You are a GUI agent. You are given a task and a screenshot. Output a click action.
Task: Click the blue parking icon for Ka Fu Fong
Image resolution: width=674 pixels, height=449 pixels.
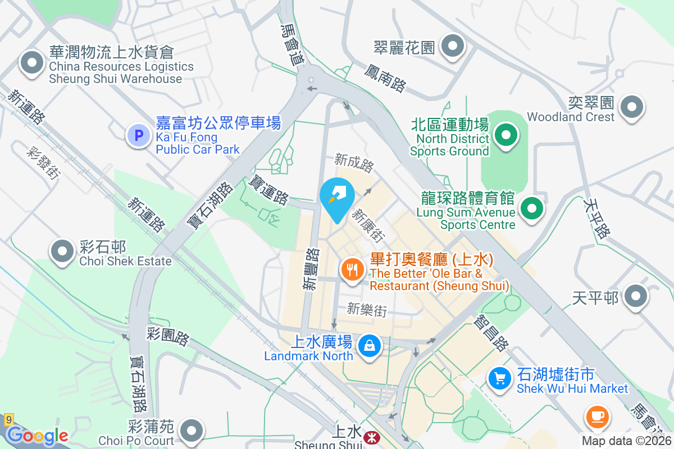[138, 135]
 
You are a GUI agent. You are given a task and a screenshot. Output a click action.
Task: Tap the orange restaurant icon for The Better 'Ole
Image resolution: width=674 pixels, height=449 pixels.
[352, 270]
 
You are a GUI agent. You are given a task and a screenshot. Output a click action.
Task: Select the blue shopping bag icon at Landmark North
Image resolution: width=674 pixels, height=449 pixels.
[370, 345]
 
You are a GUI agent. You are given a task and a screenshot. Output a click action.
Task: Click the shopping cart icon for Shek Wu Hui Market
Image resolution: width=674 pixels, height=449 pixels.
[499, 378]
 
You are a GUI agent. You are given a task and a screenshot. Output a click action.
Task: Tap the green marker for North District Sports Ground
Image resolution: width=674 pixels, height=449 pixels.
[506, 135]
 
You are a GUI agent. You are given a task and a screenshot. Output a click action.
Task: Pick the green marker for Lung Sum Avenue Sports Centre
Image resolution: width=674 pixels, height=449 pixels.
[531, 208]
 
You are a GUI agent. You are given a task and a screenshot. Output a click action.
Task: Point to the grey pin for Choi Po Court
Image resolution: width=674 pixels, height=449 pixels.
[192, 430]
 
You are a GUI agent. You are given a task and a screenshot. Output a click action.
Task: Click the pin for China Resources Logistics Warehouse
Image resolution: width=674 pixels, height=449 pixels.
[31, 62]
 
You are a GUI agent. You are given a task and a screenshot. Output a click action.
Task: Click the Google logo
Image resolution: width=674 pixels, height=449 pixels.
[38, 436]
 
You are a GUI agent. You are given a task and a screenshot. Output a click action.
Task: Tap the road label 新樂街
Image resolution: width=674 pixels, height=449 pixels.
[367, 310]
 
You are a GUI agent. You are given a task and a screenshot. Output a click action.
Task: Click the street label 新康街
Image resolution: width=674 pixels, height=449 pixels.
[368, 226]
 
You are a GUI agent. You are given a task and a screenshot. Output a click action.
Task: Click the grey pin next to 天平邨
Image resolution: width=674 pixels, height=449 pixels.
[636, 296]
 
